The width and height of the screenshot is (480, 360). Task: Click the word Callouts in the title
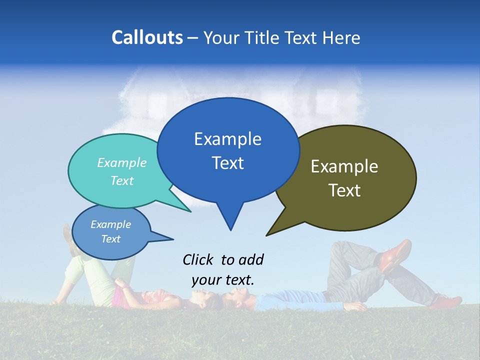tap(147, 37)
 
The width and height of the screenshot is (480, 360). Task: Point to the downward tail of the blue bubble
tap(230, 220)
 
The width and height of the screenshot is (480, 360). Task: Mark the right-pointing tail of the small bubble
tap(167, 238)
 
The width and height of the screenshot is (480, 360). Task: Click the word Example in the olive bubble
tap(344, 166)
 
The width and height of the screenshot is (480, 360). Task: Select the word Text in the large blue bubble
tap(228, 163)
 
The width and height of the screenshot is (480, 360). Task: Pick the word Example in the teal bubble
tap(121, 162)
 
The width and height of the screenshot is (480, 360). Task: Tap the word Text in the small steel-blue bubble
tap(111, 239)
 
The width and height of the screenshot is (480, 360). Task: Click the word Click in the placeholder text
tap(198, 259)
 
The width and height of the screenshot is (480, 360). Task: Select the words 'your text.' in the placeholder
tap(223, 280)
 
